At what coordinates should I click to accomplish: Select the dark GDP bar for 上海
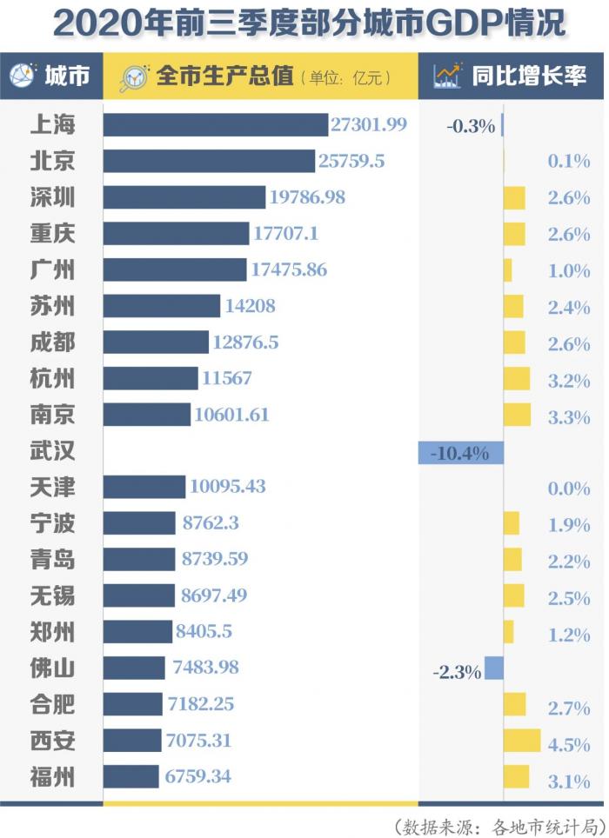click(x=215, y=124)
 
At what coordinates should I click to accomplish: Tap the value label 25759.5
click(x=351, y=161)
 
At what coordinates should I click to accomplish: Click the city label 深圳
click(x=52, y=197)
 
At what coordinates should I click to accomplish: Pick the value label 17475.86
click(x=289, y=269)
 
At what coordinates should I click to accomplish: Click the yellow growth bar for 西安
click(x=522, y=741)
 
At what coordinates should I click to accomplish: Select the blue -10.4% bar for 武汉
click(x=460, y=452)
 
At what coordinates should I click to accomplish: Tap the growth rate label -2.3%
click(x=457, y=670)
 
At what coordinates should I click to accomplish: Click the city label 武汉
click(x=52, y=451)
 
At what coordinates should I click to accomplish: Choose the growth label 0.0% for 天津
click(x=569, y=489)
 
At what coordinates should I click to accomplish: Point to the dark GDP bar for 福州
click(x=130, y=776)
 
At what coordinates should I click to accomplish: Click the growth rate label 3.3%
click(x=569, y=416)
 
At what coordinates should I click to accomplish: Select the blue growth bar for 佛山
click(x=493, y=668)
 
